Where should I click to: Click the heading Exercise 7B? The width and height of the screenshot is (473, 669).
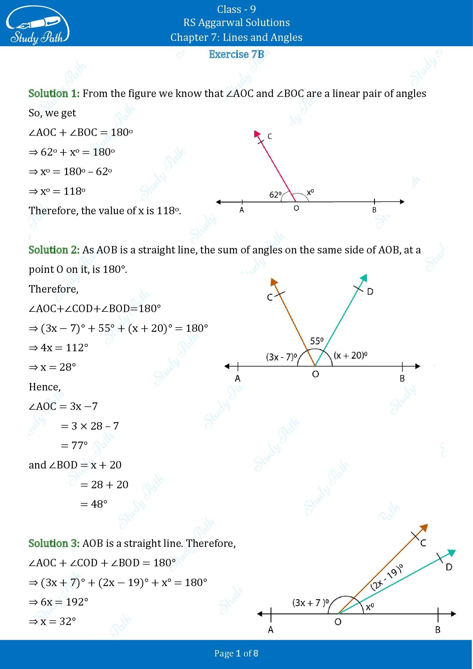[236, 54]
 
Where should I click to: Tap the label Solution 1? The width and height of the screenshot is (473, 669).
[54, 94]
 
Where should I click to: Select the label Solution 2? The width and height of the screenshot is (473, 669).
[54, 250]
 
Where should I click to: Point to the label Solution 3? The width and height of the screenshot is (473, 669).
[54, 543]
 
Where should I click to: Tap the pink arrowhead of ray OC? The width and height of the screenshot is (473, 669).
[257, 134]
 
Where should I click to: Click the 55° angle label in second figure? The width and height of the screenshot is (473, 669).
[317, 341]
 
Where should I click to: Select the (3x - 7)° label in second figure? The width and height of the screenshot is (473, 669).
[281, 357]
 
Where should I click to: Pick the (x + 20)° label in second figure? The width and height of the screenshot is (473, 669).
[350, 355]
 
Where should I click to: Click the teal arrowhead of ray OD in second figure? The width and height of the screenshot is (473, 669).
[364, 277]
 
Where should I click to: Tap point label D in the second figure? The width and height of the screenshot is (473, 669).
[370, 292]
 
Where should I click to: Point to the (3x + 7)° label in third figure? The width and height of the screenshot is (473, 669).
[311, 603]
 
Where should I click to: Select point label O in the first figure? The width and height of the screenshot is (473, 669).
[296, 208]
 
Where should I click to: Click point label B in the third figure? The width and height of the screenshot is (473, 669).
[438, 630]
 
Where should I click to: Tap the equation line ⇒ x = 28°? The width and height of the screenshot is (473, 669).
[52, 367]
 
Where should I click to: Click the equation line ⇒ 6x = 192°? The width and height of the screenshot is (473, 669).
[59, 602]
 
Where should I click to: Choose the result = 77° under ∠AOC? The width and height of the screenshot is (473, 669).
[74, 446]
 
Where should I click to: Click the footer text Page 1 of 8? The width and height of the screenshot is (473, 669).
[236, 654]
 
